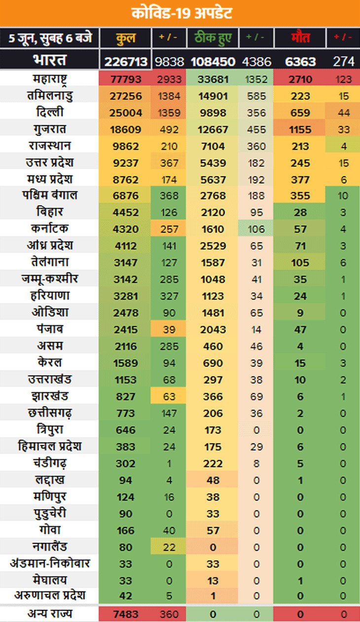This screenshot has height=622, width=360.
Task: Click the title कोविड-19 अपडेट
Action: tap(180, 13)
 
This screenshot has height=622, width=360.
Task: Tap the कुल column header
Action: tap(126, 38)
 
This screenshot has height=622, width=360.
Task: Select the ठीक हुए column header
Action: tap(213, 38)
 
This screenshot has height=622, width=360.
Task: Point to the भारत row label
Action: tap(49, 61)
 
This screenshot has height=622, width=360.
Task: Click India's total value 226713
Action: tap(126, 61)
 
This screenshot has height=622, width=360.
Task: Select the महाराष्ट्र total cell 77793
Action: tap(126, 79)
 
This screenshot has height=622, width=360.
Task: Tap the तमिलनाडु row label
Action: tap(49, 96)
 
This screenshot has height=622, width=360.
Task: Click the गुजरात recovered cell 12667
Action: tap(213, 130)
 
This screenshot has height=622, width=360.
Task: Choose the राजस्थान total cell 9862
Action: tap(126, 146)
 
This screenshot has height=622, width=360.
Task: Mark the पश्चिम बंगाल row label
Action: tap(49, 196)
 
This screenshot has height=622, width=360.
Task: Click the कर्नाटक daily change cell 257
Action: tap(169, 229)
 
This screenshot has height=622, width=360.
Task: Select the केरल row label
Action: tap(49, 363)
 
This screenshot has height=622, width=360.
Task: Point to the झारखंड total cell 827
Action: tap(126, 397)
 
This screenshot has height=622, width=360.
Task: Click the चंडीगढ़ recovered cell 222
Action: tap(213, 464)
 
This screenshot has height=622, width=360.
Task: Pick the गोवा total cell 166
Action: tap(126, 531)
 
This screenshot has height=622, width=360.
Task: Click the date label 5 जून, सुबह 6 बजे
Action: tap(49, 38)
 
